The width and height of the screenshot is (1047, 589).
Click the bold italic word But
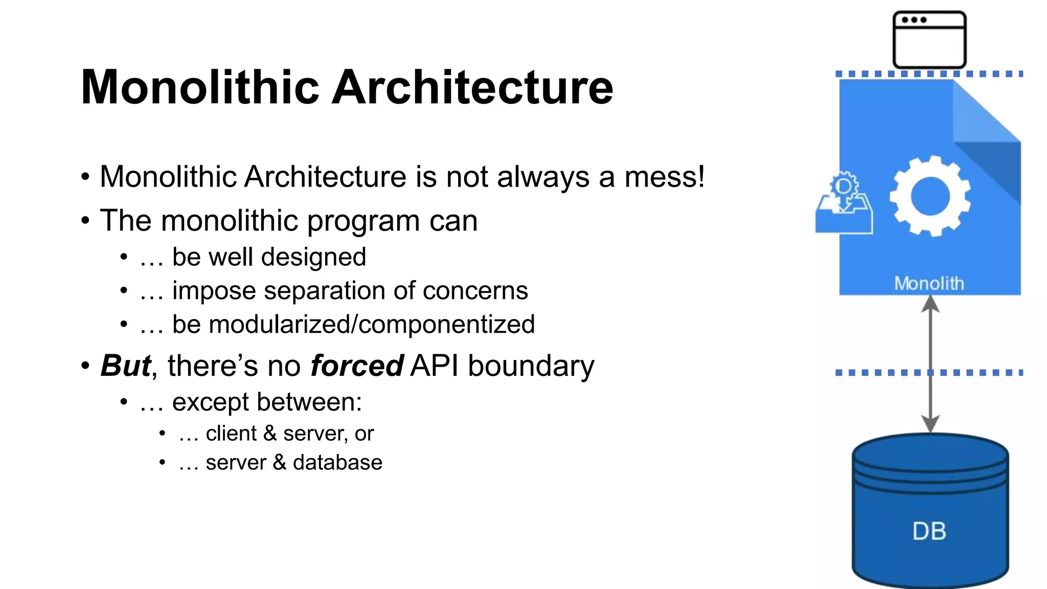pyautogui.click(x=126, y=366)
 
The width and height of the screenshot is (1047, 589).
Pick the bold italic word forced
pyautogui.click(x=356, y=366)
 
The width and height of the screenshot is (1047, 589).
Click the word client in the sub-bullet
pyautogui.click(x=231, y=434)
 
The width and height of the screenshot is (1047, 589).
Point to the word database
pyautogui.click(x=337, y=462)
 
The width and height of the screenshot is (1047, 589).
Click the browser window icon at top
pyautogui.click(x=929, y=40)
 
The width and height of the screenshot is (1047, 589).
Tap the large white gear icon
pyautogui.click(x=930, y=196)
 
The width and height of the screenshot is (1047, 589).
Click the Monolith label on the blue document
pyautogui.click(x=929, y=283)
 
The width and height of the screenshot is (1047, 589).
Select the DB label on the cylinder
pyautogui.click(x=929, y=531)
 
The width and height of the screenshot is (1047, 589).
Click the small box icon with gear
pyautogui.click(x=844, y=205)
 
